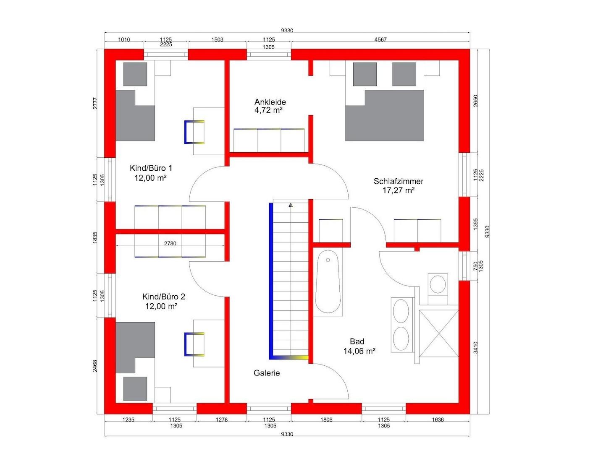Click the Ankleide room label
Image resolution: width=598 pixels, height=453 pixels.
tap(270, 102)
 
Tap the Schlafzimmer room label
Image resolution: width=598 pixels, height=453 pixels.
tap(398, 181)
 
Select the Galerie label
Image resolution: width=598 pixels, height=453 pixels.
tap(266, 373)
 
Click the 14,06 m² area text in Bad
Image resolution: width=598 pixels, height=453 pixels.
tap(359, 351)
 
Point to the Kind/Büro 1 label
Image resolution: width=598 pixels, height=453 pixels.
tap(151, 168)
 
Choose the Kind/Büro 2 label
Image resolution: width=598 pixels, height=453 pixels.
tap(163, 297)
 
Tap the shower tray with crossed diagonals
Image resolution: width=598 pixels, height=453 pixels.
tap(438, 333)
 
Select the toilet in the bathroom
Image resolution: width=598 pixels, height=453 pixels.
tap(438, 289)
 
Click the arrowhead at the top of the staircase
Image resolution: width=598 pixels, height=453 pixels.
tap(291, 205)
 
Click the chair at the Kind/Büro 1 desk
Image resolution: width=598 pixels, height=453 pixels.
tap(194, 132)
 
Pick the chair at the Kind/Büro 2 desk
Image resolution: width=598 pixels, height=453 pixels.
tap(194, 344)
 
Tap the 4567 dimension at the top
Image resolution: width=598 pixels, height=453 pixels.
tap(380, 39)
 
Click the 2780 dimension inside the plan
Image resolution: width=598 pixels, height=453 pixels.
tap(170, 244)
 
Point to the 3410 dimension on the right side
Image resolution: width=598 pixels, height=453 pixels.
tap(476, 347)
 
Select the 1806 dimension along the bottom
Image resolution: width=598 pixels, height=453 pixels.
tap(326, 419)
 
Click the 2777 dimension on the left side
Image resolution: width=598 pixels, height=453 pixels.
tap(95, 103)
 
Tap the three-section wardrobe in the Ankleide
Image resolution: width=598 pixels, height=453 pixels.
tap(269, 140)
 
